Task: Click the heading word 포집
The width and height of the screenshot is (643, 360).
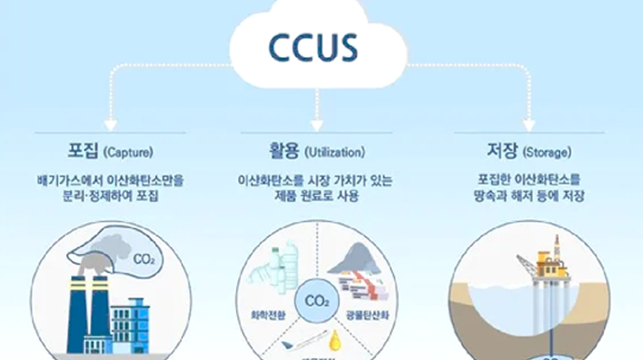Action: [x=79, y=151]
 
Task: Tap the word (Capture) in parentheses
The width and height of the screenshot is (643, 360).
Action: [x=128, y=152]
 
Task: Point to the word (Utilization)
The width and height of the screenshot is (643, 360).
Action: [x=332, y=152]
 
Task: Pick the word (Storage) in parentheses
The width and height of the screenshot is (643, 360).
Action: [x=544, y=152]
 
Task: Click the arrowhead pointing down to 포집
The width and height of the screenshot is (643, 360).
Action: [x=110, y=123]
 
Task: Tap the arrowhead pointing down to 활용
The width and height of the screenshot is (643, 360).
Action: [x=316, y=123]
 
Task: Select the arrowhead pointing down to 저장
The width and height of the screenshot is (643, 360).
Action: [x=529, y=123]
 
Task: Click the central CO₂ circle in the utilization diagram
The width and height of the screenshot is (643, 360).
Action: [x=316, y=302]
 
